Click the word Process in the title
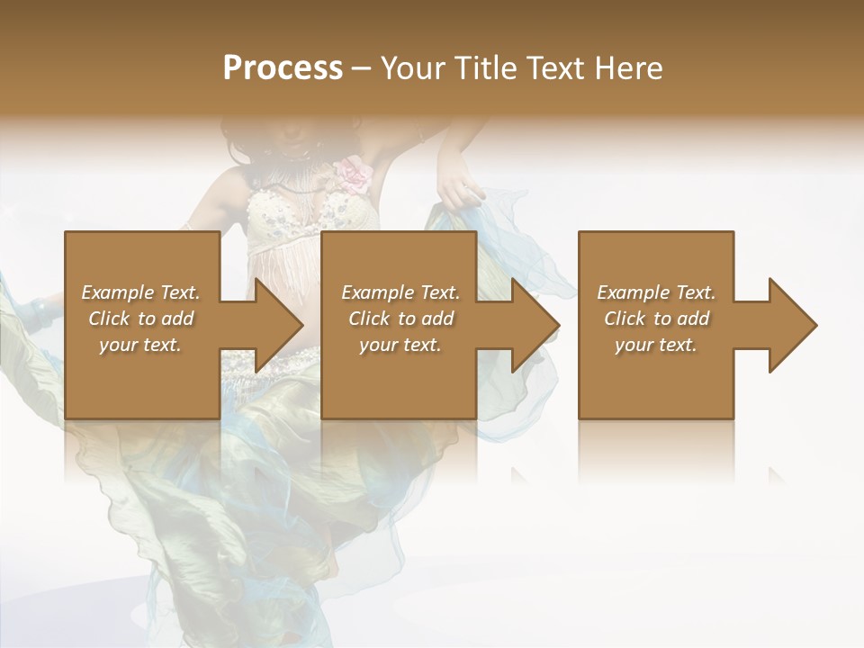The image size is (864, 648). (x=283, y=68)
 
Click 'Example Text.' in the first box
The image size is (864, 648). (x=140, y=292)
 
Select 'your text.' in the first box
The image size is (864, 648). (x=140, y=345)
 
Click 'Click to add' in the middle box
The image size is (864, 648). (x=400, y=319)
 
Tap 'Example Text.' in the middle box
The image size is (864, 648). (x=400, y=292)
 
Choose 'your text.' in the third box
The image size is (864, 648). (x=656, y=345)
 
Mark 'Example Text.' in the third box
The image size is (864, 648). (x=656, y=292)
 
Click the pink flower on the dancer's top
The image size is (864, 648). (x=354, y=174)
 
